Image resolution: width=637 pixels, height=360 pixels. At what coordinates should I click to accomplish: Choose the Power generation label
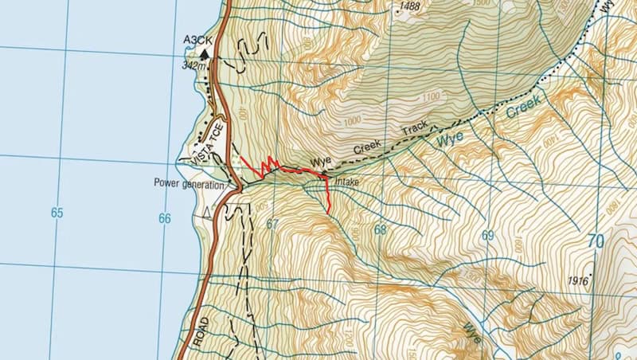point(188,183)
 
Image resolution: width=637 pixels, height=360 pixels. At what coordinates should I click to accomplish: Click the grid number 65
point(56,213)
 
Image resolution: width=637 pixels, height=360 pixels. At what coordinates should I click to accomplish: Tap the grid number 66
point(165,217)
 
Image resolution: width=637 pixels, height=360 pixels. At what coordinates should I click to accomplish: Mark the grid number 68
point(379,230)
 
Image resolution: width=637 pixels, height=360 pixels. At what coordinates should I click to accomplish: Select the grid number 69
point(487,236)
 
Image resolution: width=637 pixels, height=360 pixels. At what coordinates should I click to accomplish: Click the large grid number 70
point(596,241)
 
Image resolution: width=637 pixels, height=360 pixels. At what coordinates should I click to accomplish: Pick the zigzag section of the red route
point(265,165)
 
